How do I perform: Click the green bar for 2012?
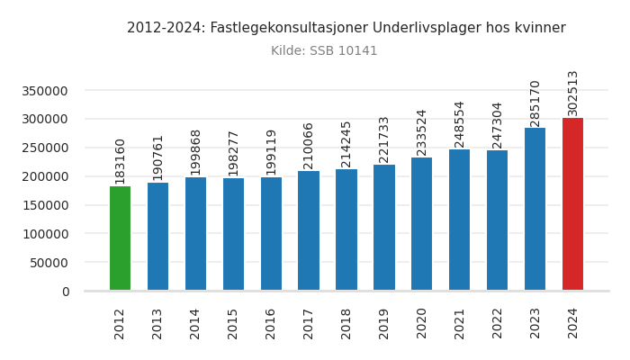click(120, 238)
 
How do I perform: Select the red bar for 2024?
click(572, 204)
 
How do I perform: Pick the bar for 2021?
click(459, 220)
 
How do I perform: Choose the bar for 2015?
click(233, 234)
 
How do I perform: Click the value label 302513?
click(572, 93)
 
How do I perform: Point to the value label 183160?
click(120, 160)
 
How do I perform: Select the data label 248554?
click(459, 123)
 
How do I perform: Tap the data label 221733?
click(384, 139)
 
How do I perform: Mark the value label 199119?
click(271, 152)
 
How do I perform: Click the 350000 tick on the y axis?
click(44, 91)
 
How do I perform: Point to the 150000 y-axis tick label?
click(44, 205)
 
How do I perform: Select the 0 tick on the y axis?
click(66, 292)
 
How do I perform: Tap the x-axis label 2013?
click(157, 323)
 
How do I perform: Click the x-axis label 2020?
click(422, 323)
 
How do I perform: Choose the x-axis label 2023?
click(535, 323)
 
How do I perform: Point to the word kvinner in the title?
click(538, 28)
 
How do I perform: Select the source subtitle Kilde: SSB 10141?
click(324, 51)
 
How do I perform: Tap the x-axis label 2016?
click(271, 323)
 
